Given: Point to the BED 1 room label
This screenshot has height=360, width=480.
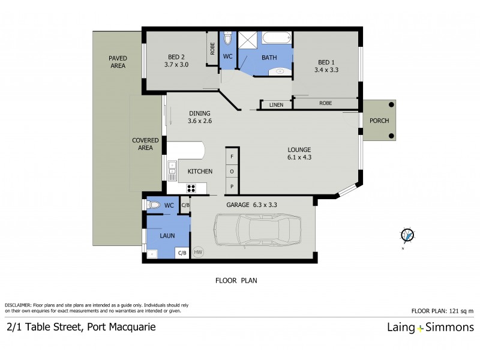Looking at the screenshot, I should tap(326, 65).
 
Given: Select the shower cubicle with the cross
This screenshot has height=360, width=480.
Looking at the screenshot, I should tap(247, 40).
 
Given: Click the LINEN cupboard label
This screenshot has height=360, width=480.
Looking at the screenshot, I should tap(276, 106).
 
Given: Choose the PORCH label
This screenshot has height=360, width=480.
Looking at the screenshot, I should tap(379, 121).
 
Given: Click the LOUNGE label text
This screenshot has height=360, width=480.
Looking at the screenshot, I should tap(298, 149).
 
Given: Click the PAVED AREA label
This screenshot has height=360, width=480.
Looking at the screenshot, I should tap(117, 62).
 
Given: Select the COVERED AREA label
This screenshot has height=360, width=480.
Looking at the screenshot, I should tap(145, 144).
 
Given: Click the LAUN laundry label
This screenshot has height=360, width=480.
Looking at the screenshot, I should tap(167, 236).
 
